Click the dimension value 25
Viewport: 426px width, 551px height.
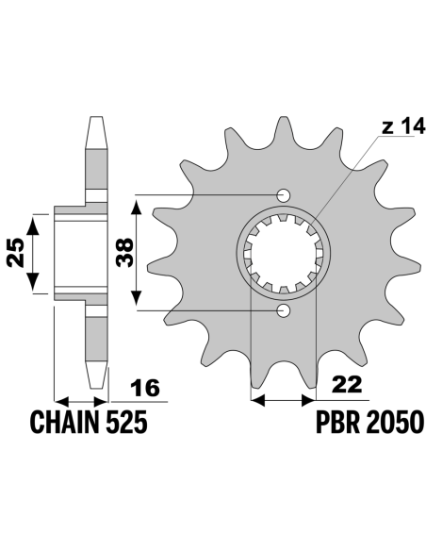click(17, 253)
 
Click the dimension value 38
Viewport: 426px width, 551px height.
click(125, 252)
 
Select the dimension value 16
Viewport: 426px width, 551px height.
click(145, 388)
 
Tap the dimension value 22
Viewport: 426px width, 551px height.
click(347, 384)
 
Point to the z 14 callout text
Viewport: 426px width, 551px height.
click(403, 126)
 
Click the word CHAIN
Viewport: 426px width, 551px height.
click(65, 422)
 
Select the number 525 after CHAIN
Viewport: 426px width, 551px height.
click(126, 422)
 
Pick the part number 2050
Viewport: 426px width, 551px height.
click(394, 422)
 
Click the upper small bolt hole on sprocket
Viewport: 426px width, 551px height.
click(284, 195)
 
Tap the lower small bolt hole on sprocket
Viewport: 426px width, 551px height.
click(284, 310)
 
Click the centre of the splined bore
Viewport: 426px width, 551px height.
click(283, 253)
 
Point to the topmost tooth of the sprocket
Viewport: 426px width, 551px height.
click(284, 126)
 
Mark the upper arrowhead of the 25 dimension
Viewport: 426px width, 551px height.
click(33, 225)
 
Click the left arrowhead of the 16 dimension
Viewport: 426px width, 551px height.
click(61, 401)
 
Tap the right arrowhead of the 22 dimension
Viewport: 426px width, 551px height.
click(309, 400)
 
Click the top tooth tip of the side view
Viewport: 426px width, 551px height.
click(96, 117)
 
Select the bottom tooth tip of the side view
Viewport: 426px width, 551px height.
click(97, 388)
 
